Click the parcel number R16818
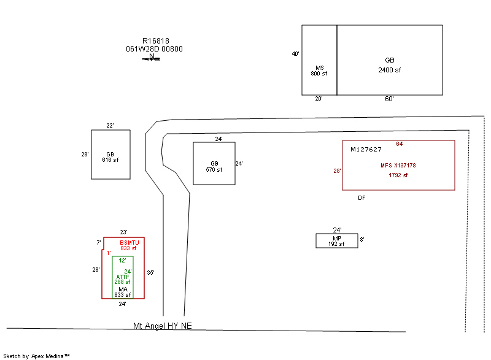click(156, 41)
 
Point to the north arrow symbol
click(152, 58)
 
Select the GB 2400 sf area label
click(389, 65)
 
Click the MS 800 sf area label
click(319, 71)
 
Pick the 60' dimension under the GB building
click(389, 99)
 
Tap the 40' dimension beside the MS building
click(295, 54)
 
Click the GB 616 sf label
click(110, 157)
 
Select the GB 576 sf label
click(214, 166)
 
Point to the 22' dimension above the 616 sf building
click(110, 126)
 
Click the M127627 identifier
click(366, 150)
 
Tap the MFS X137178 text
click(398, 166)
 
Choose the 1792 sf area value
click(398, 175)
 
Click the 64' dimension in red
click(400, 144)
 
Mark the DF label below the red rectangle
click(362, 198)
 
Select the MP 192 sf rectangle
click(336, 240)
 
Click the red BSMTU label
click(130, 243)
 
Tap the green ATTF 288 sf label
click(123, 279)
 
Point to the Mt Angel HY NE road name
click(163, 326)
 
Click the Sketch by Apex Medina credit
click(36, 356)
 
